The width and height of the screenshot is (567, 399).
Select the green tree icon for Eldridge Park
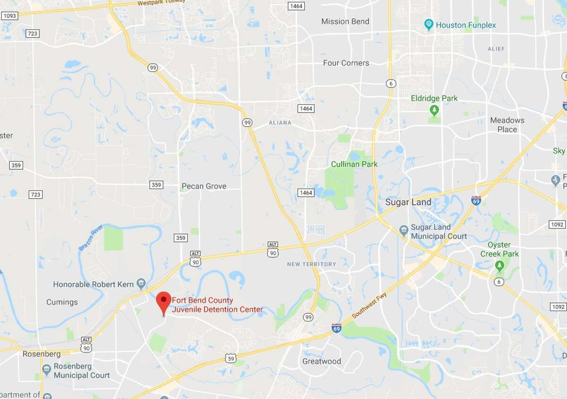tap(434, 111)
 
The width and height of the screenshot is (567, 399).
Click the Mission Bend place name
tap(345, 21)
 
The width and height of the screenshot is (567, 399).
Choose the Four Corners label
tap(346, 63)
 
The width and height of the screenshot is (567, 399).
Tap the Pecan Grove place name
tap(204, 186)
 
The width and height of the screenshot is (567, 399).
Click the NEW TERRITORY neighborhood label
tap(311, 264)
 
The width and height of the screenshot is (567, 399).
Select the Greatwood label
tap(321, 361)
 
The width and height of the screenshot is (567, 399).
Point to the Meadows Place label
tap(507, 125)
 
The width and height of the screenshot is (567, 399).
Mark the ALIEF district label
tap(496, 49)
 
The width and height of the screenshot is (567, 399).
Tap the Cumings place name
tap(62, 302)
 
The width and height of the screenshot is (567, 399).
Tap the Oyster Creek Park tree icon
tap(499, 266)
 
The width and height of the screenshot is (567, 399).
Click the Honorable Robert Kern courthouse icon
tap(141, 284)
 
